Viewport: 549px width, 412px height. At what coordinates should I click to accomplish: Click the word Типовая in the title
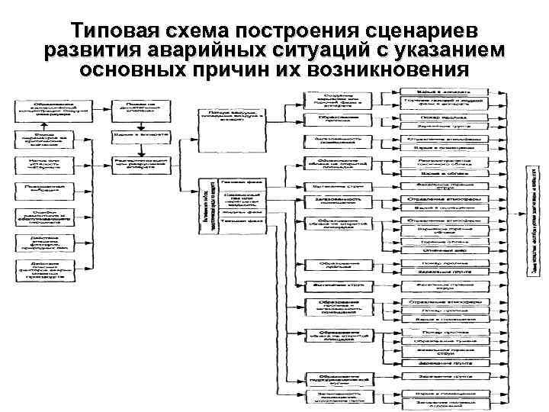112,31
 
